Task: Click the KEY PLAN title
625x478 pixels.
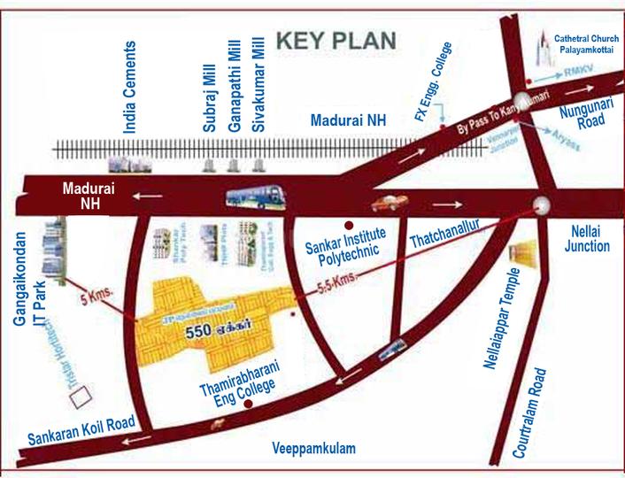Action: coord(336,40)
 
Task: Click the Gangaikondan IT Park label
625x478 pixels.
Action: coord(27,301)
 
